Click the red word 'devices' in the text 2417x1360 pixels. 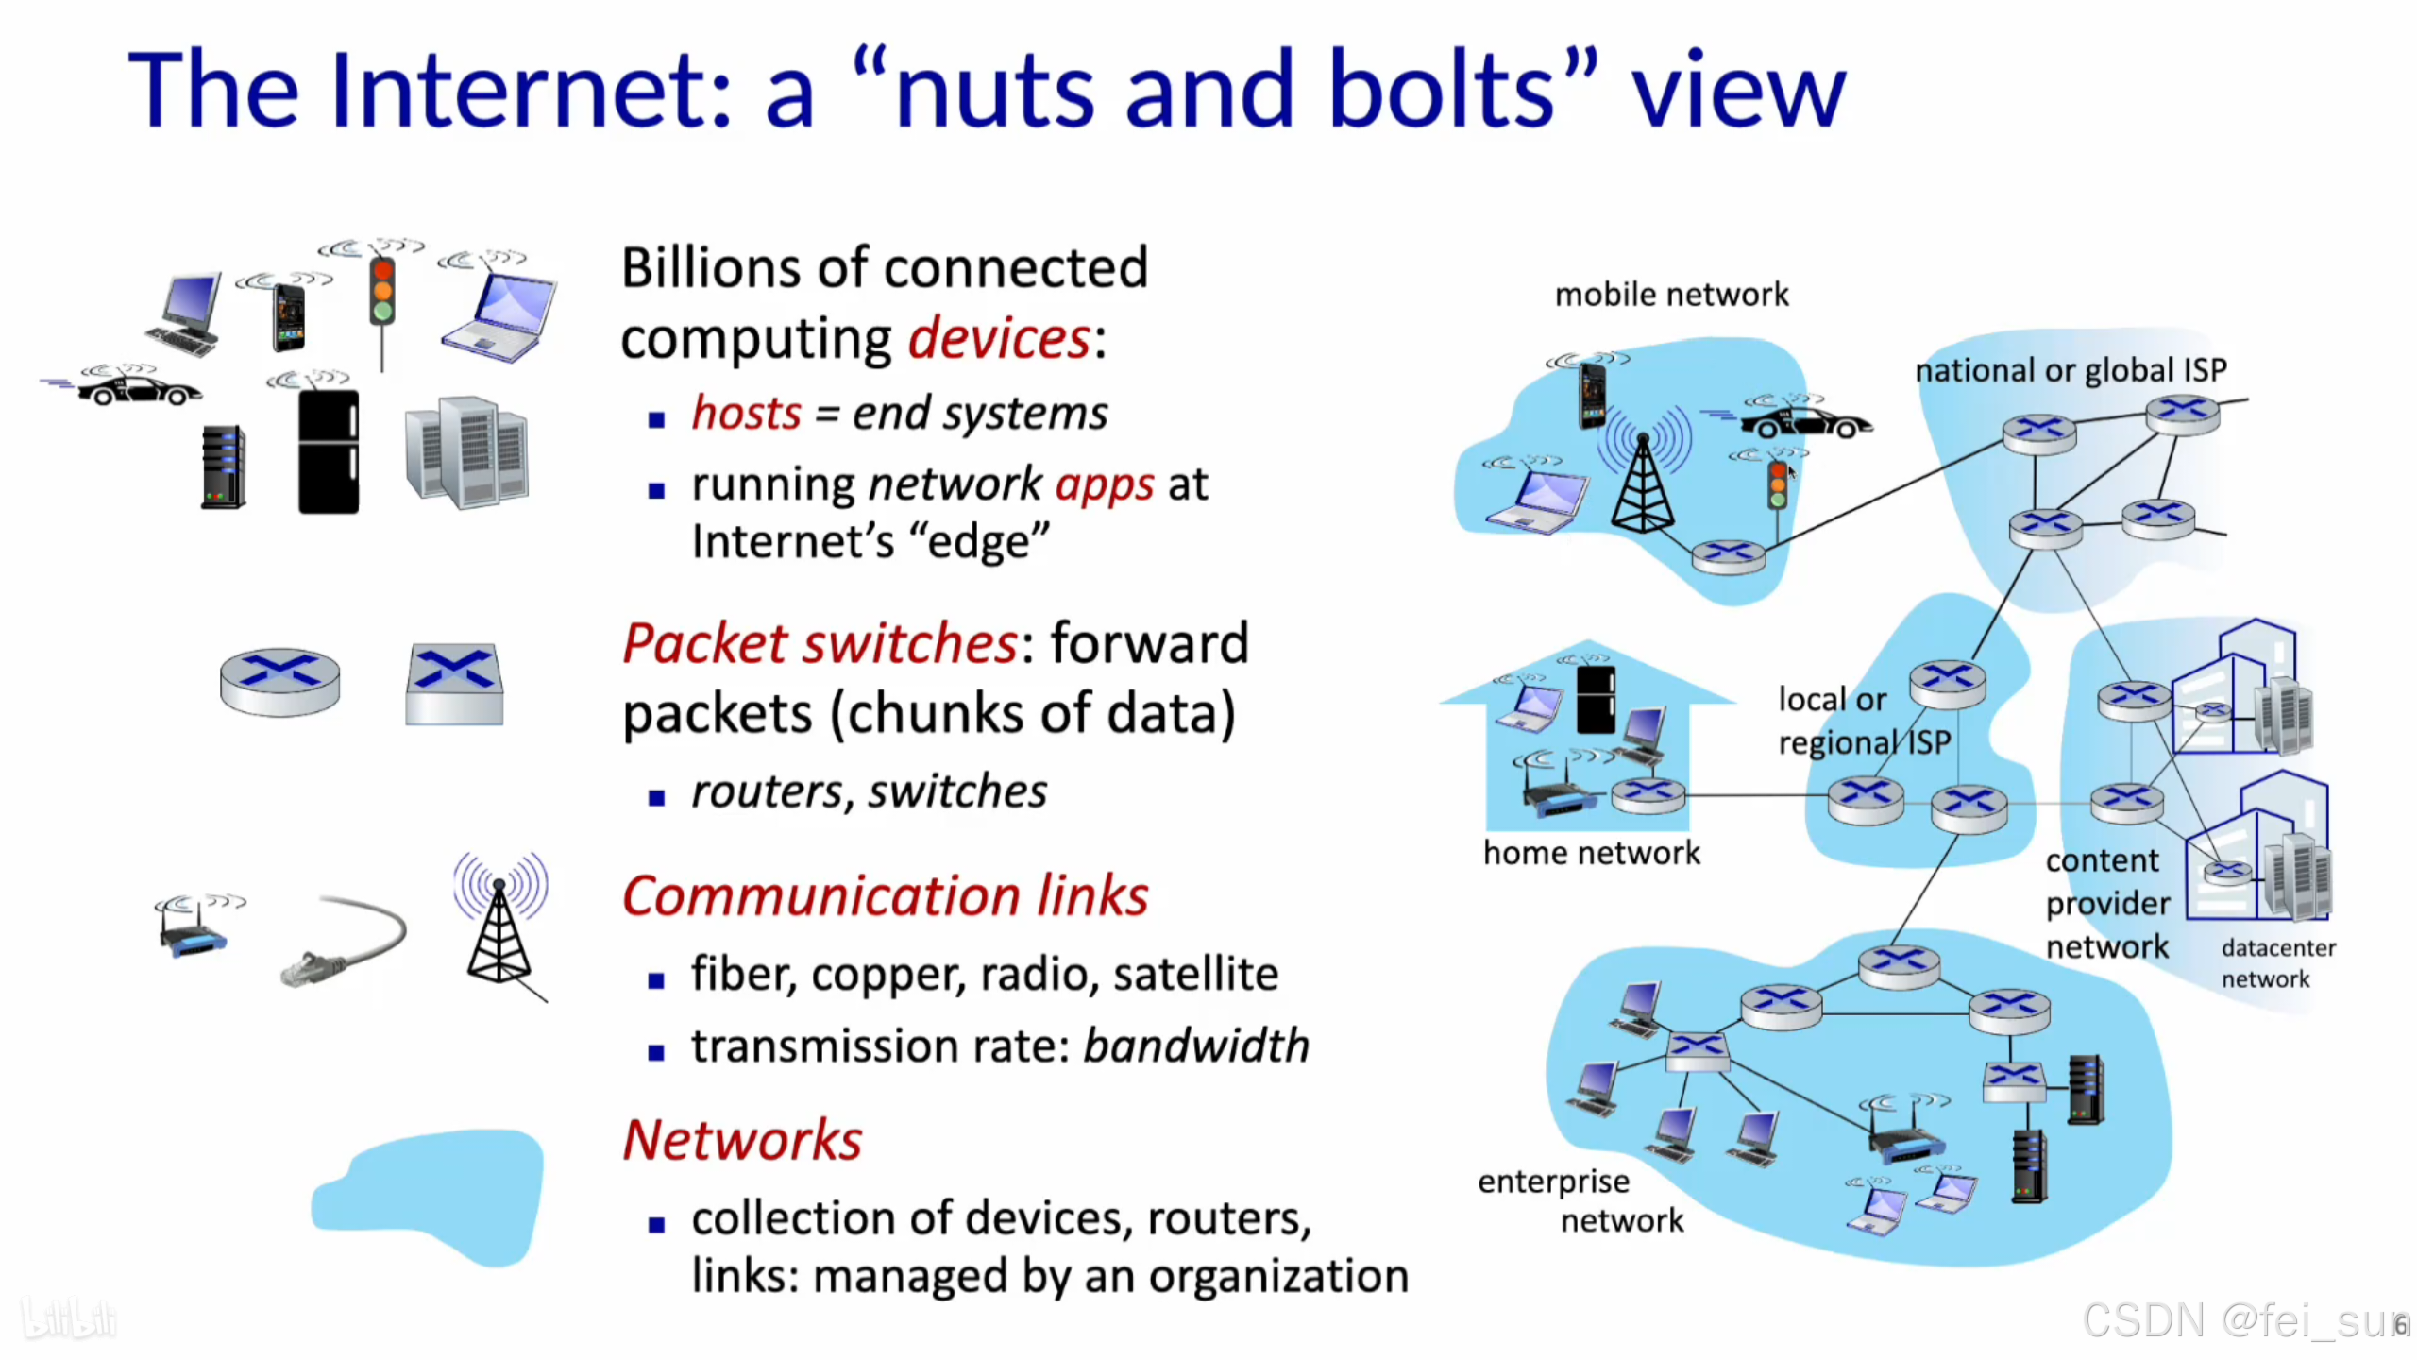[x=999, y=338]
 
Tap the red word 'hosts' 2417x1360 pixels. [x=746, y=413]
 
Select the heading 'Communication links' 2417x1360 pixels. [x=885, y=895]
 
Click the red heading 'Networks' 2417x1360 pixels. [x=742, y=1139]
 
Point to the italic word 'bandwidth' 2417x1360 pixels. [x=1195, y=1045]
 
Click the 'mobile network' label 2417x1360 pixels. [x=1671, y=295]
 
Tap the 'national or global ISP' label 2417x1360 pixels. [x=2071, y=369]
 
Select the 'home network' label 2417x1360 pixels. [x=1591, y=853]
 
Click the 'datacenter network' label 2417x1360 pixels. [x=2276, y=962]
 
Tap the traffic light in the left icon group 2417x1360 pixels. [x=381, y=293]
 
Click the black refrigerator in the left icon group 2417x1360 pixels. [x=328, y=451]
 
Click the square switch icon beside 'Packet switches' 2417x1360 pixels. [x=454, y=684]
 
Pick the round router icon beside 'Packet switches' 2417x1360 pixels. [x=279, y=681]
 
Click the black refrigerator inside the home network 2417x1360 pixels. [x=1596, y=699]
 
